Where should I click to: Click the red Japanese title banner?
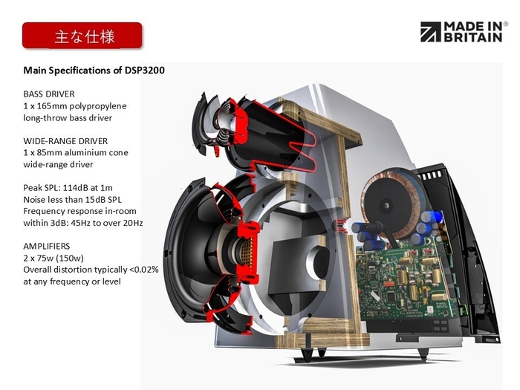coord(82,35)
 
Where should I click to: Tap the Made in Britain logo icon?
coord(430,31)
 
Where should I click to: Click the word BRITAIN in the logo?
coord(472,37)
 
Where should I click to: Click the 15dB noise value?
coord(93,199)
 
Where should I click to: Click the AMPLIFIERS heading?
coord(48,246)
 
